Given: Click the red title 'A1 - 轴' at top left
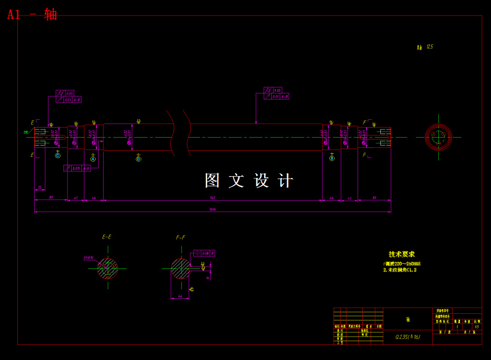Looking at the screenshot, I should coord(32,14).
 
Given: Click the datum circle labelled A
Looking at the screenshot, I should coord(93,159).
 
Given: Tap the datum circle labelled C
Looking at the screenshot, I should coord(57,156).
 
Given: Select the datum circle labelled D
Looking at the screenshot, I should coord(138,159).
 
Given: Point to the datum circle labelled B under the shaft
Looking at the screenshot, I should coord(332,158).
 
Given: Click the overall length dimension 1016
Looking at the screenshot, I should coord(213,210).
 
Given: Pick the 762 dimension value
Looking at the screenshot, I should coord(213,198).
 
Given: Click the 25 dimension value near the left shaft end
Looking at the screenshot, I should coord(40,187).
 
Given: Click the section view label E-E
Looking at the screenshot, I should coord(107,237).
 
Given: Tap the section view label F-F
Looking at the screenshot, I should coord(180,238).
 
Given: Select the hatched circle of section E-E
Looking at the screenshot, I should coord(108,268).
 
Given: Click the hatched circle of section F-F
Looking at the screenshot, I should coord(180,268).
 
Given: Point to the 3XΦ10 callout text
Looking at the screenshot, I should coord(89,258).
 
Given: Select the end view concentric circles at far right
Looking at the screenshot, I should coord(438,137).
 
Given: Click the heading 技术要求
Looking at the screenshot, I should coord(401,255).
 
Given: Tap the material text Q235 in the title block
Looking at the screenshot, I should coord(407,337).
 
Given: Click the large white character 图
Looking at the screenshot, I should coord(213,181).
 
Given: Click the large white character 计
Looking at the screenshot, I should coord(286,181).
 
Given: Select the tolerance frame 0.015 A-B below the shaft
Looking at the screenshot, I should coord(78,168).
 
